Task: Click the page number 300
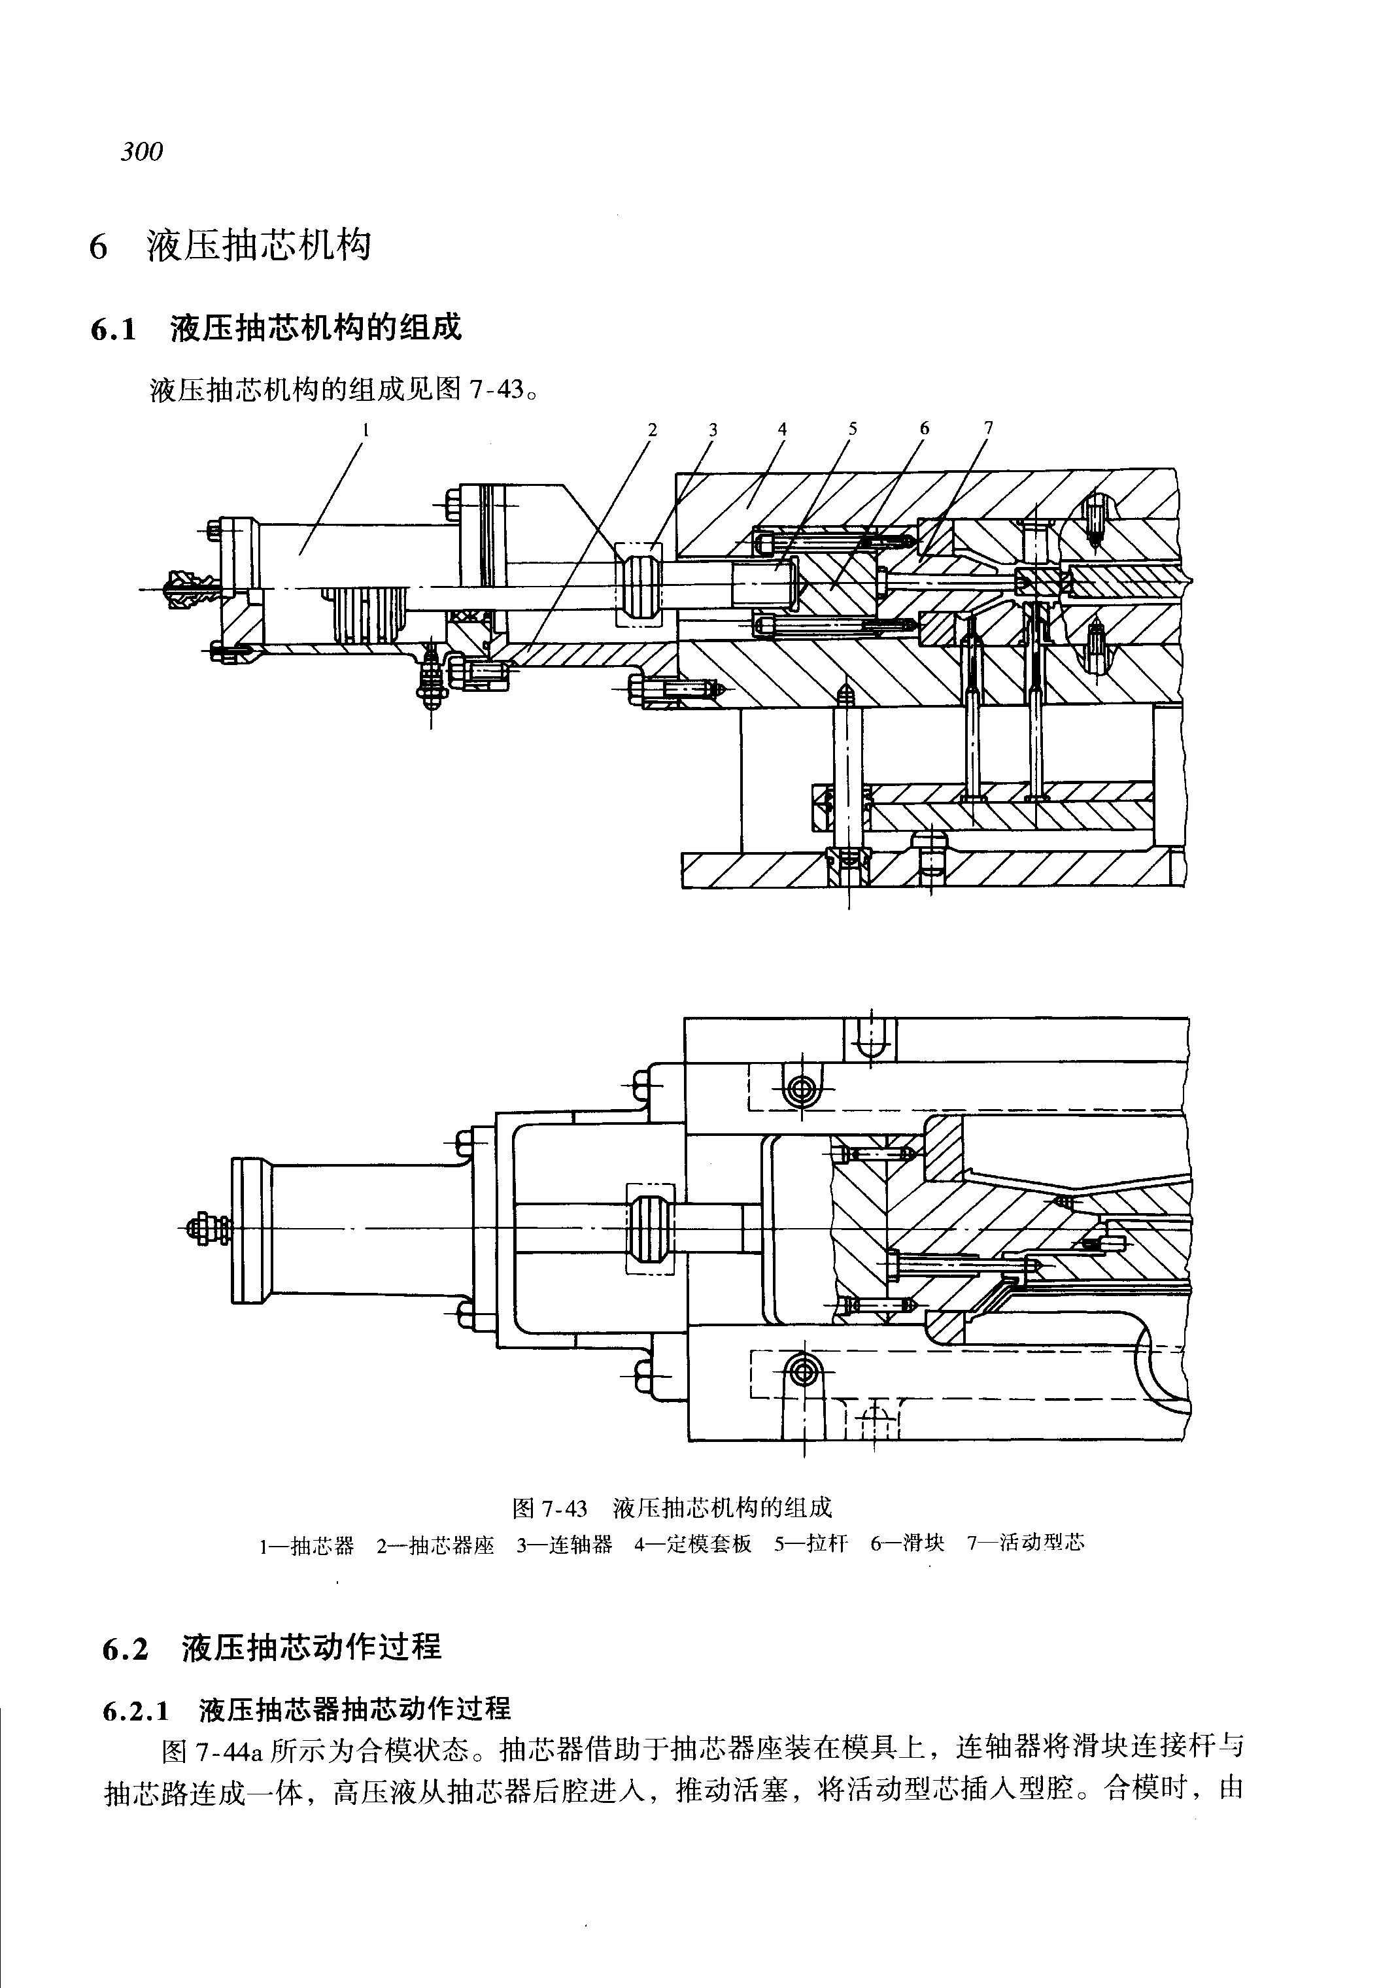[142, 152]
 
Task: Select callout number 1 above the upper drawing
[366, 428]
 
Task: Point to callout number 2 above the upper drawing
[653, 429]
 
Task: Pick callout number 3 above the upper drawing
[712, 429]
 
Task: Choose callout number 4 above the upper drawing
[782, 429]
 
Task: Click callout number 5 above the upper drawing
[852, 428]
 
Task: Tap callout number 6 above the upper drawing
[924, 428]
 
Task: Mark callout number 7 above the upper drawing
[988, 428]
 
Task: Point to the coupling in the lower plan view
[649, 1229]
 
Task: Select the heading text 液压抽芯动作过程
[311, 1647]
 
